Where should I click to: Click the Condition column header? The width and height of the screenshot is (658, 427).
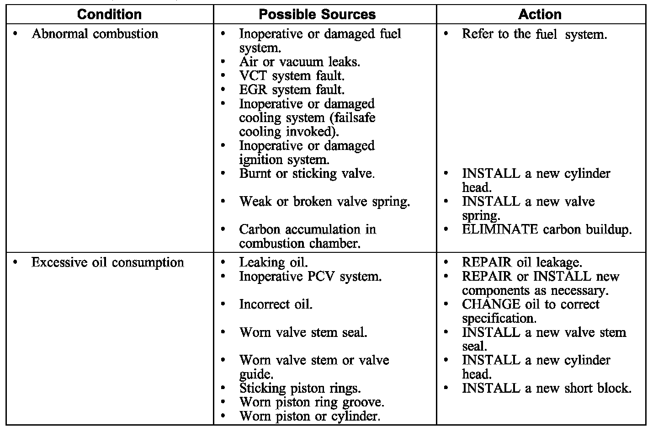(x=109, y=14)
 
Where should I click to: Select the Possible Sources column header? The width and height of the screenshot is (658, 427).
(x=317, y=14)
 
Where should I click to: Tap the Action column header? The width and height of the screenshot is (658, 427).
(x=540, y=14)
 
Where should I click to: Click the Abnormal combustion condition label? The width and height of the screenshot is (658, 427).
(x=95, y=34)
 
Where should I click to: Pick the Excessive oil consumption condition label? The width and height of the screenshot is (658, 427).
(x=107, y=262)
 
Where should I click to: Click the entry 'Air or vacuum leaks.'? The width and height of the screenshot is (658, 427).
(x=299, y=62)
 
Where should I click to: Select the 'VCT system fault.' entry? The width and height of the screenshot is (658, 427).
(x=292, y=75)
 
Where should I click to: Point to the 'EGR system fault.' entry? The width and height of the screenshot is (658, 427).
(x=292, y=90)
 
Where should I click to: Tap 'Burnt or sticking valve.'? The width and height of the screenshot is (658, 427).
(x=307, y=174)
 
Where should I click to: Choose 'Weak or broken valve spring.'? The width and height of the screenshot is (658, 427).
(x=324, y=202)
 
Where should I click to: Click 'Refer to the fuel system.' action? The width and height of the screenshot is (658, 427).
(x=534, y=34)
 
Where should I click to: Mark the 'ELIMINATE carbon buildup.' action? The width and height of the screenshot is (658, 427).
(x=547, y=230)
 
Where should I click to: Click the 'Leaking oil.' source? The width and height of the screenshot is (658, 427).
(x=273, y=262)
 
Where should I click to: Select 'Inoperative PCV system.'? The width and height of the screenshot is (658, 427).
(x=310, y=277)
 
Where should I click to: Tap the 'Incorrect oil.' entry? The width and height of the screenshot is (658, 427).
(x=276, y=304)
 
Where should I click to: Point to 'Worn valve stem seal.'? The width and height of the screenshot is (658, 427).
(x=303, y=332)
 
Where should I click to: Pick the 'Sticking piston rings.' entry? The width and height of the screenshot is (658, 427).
(x=300, y=388)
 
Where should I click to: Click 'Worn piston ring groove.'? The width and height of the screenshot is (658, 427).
(x=312, y=402)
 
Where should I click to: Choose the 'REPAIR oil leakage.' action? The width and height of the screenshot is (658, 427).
(x=522, y=262)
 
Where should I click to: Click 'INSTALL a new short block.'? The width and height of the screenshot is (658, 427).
(x=547, y=388)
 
